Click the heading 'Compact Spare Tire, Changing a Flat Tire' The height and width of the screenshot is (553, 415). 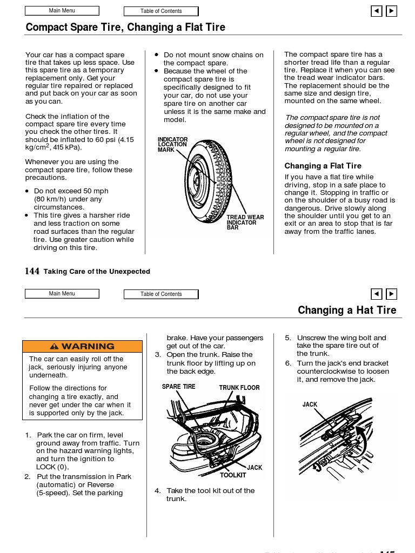pos(125,28)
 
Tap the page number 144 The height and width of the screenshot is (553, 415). pos(32,271)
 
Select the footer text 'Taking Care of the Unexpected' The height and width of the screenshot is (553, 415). pos(97,272)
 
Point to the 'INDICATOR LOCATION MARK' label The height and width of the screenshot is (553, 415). pos(172,144)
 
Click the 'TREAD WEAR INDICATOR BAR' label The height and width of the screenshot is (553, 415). pos(245,222)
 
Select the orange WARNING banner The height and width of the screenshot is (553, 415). pos(82,346)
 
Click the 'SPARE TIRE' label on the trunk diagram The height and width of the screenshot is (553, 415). pos(178,387)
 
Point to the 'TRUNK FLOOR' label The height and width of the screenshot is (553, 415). pos(239,388)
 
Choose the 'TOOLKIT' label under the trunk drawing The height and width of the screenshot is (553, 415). pos(233,475)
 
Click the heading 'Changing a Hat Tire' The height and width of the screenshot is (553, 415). pos(347,311)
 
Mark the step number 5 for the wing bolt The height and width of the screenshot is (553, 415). pos(288,338)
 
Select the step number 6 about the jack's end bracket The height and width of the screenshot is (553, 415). pos(288,363)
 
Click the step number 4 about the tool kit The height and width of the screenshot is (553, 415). pos(158,490)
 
